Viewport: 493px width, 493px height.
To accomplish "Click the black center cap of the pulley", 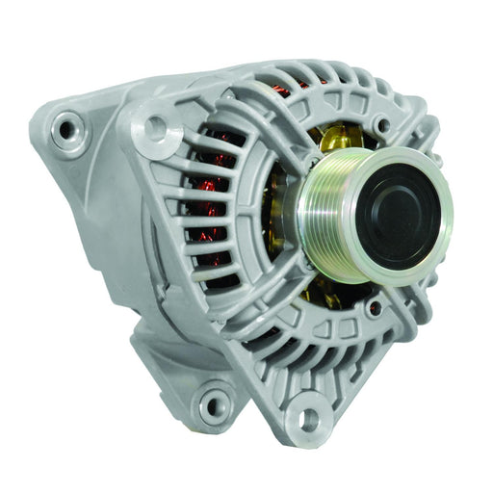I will point(402,215).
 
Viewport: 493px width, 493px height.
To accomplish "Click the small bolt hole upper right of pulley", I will point(384,124).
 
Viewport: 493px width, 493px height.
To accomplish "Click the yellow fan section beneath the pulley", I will point(318,289).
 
